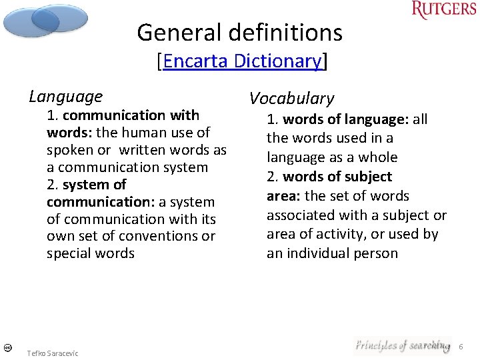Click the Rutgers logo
coord(443,10)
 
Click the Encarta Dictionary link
coord(243,61)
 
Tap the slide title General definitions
coord(239,32)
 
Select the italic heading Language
coord(65,97)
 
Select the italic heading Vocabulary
coord(291,99)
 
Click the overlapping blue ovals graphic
coord(45,20)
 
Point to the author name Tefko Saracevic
coord(52,353)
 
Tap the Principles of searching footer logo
coord(402,345)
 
